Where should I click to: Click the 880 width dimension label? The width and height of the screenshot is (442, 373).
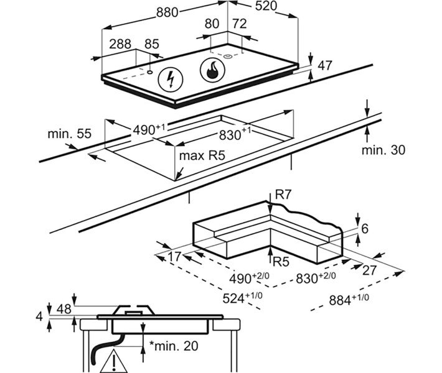[x=167, y=12]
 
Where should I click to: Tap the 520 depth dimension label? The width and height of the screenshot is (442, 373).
[x=266, y=6]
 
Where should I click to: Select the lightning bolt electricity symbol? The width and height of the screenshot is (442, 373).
[x=171, y=80]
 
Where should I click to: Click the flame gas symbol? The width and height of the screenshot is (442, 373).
[x=212, y=70]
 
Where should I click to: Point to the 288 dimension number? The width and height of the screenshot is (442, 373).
[x=120, y=44]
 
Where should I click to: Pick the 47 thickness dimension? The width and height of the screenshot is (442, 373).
[x=325, y=66]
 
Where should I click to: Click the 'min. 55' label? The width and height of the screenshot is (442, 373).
[x=70, y=134]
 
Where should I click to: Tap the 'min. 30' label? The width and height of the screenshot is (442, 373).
[x=383, y=150]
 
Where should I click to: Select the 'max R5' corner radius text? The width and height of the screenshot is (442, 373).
[x=202, y=155]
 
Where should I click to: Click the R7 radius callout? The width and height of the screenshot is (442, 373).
[x=283, y=195]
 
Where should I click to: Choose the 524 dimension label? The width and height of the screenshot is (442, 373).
[x=242, y=297]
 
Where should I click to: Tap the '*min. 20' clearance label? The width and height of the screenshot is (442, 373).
[x=174, y=346]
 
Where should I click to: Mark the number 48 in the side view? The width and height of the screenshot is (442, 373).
[x=64, y=309]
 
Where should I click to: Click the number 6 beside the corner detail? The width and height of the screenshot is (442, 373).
[x=365, y=229]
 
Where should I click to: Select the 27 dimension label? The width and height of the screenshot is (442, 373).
[x=370, y=270]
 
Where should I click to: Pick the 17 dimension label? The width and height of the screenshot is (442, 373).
[x=174, y=257]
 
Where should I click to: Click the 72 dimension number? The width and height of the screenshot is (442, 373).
[x=240, y=24]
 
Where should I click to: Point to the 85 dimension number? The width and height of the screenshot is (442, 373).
[x=152, y=44]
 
